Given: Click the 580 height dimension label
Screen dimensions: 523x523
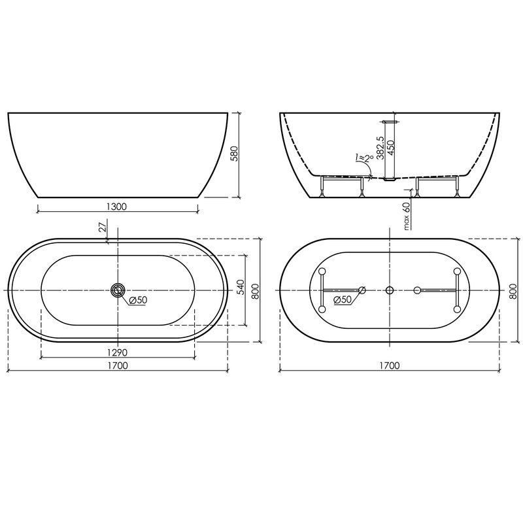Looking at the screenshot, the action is (x=235, y=154).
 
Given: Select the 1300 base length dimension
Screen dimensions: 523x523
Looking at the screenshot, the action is (x=117, y=207).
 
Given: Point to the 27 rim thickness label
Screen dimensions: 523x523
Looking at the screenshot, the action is (x=103, y=226).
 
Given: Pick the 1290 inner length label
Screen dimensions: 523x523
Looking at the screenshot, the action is (x=117, y=352).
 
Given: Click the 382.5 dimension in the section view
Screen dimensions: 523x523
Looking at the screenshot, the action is (x=380, y=148).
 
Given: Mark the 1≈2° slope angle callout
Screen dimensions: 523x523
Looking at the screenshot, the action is (x=364, y=158).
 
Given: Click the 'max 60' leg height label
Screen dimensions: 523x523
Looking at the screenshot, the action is (x=406, y=216).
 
